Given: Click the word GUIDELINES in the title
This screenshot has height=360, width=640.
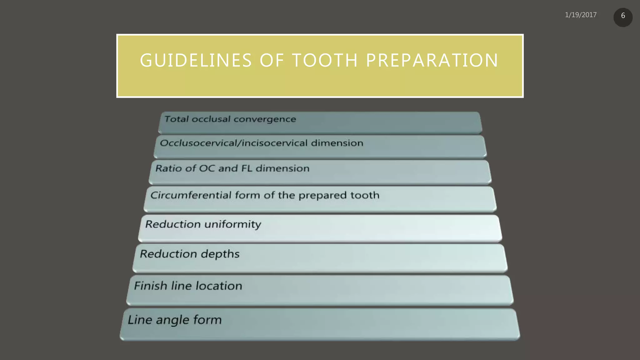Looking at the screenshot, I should tap(196, 60).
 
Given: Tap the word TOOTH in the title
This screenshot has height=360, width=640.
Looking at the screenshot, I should tap(325, 60).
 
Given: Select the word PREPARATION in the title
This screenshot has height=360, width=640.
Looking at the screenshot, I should tap(432, 60).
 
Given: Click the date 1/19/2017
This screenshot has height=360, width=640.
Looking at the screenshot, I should tap(581, 15).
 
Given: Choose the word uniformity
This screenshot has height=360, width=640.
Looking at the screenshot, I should tap(232, 224).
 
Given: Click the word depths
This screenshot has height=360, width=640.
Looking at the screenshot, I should tap(220, 254).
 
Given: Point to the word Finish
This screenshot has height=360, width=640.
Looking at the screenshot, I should tap(151, 286).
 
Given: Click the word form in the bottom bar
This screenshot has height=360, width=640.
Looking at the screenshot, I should tap(207, 320).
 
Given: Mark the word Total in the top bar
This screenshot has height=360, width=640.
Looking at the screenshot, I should tap(177, 119).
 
